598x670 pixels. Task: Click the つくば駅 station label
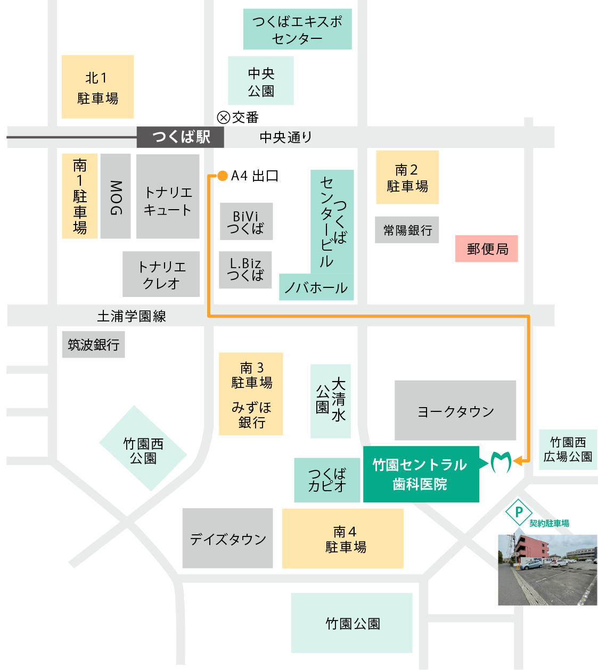click(181, 137)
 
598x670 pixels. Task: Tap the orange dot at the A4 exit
click(223, 176)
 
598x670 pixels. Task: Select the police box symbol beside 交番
click(224, 117)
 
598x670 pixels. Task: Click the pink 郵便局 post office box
click(487, 249)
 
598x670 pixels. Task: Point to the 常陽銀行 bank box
click(407, 230)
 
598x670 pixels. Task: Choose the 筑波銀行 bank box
click(93, 345)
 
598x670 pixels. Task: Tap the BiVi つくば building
click(246, 222)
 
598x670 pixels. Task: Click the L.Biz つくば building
click(245, 270)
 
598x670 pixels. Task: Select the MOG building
click(116, 196)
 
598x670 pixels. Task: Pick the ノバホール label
click(316, 288)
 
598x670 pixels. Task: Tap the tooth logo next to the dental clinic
click(501, 462)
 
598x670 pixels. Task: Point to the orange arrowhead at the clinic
click(518, 461)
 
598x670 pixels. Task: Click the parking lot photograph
click(547, 569)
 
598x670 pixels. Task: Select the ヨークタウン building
click(455, 410)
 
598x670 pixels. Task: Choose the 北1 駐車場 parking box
click(98, 87)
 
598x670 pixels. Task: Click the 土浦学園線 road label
click(132, 316)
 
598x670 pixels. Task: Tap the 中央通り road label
click(285, 137)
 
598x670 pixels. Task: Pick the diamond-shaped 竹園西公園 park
click(143, 449)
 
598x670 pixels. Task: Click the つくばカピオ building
click(327, 480)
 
